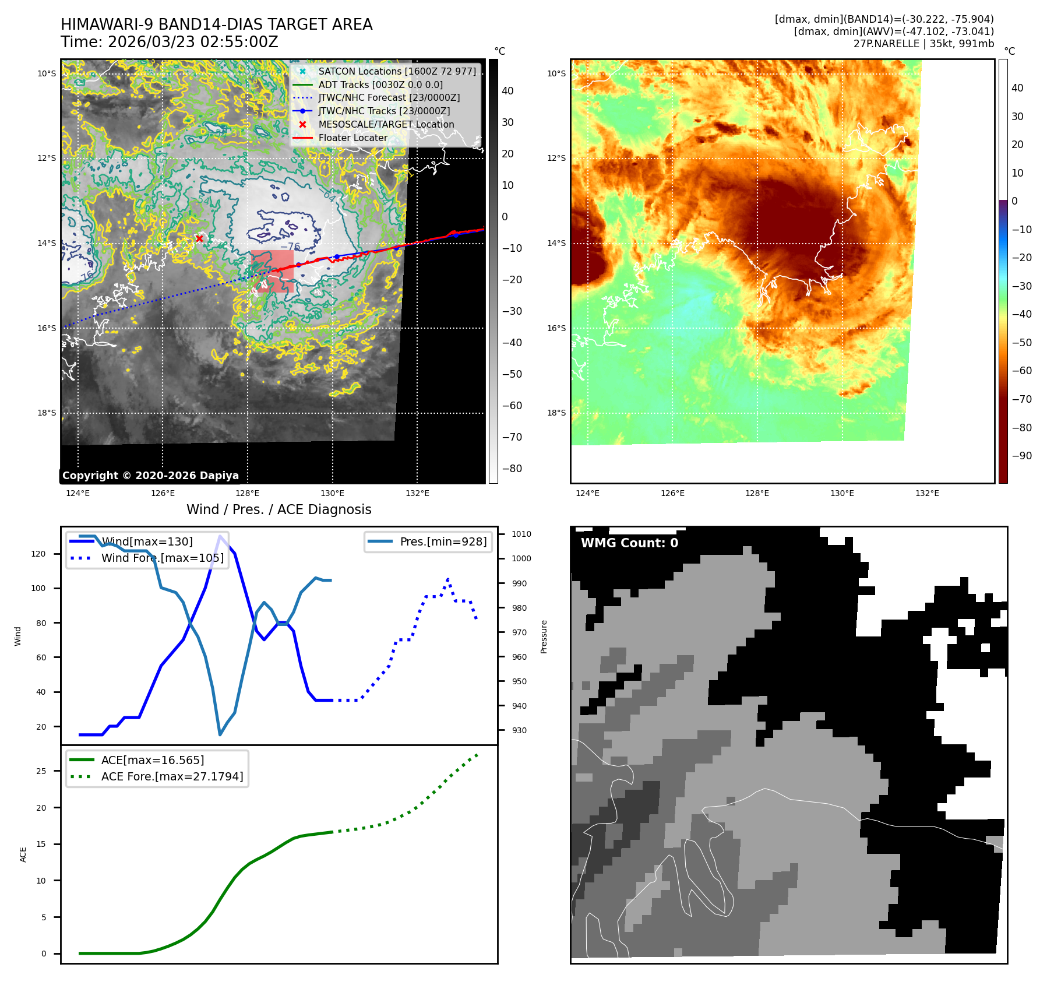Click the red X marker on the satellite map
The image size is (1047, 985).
tap(199, 238)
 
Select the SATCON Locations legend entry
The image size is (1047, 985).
tap(397, 71)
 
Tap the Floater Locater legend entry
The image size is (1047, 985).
tap(352, 138)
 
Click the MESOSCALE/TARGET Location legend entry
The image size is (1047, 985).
tap(386, 124)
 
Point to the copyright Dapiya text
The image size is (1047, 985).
tap(150, 476)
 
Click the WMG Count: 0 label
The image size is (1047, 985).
tap(629, 543)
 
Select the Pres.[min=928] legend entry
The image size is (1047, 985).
tap(443, 541)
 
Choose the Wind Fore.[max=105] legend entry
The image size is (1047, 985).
tap(162, 558)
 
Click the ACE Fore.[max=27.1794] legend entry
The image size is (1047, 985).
tap(172, 776)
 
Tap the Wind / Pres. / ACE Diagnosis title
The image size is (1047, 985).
tap(279, 509)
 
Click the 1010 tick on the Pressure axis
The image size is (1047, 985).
tap(521, 534)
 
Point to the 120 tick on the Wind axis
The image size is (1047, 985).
tap(38, 554)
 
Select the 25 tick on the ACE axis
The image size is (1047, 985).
tap(41, 771)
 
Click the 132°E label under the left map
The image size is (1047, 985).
tap(417, 493)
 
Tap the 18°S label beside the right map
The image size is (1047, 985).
tap(556, 413)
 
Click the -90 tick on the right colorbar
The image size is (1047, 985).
tap(1021, 456)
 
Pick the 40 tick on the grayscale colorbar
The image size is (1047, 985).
tap(507, 91)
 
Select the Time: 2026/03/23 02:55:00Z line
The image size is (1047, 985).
tap(170, 42)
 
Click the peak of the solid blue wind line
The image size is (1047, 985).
tap(220, 536)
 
